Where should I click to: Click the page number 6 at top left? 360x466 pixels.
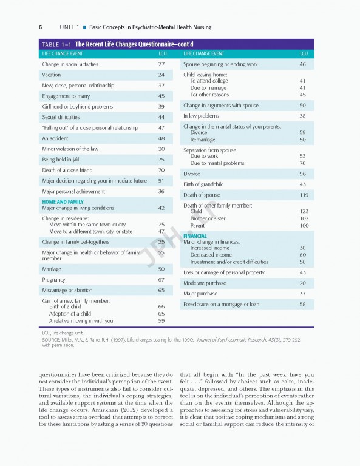(x=40, y=27)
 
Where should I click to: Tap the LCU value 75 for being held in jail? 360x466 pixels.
(x=161, y=160)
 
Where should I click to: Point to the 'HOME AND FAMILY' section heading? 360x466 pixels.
(x=63, y=202)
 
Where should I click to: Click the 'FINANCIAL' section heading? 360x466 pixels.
(x=195, y=236)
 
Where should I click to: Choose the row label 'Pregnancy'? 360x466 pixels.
(x=55, y=280)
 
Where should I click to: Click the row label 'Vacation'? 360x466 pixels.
(x=51, y=75)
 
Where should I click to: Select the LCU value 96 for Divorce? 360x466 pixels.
(x=302, y=174)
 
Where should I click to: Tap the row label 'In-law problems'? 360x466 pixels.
(x=201, y=116)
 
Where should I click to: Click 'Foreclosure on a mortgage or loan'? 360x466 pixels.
(x=221, y=304)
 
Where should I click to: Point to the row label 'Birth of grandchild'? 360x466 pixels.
(x=203, y=184)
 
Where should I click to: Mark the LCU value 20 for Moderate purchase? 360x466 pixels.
(x=302, y=283)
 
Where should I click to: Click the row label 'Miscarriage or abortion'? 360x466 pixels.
(x=67, y=291)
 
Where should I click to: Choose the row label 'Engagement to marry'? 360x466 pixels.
(x=65, y=96)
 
